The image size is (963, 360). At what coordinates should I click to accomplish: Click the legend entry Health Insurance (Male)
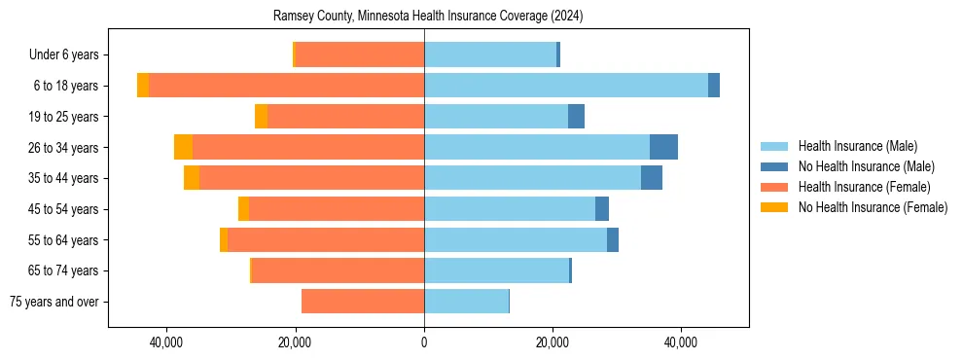point(857,146)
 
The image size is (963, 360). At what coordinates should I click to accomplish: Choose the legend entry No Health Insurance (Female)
point(873,207)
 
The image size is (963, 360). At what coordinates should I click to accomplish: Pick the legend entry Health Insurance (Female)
point(864,187)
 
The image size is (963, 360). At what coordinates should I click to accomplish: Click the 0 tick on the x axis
point(424,342)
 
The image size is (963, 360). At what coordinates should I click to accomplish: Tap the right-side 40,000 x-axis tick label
point(681,342)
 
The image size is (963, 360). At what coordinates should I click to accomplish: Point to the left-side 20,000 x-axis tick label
point(295,342)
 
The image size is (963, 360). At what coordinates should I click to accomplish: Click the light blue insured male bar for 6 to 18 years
point(566,86)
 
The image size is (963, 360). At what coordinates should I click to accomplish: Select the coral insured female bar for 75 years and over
point(363,302)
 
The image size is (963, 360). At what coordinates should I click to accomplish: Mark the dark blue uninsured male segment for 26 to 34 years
point(663,147)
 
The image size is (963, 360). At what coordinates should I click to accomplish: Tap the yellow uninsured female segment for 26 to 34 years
point(183,147)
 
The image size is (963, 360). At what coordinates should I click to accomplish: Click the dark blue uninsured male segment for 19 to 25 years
point(576,117)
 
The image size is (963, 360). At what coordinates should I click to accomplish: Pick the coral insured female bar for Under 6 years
point(359,54)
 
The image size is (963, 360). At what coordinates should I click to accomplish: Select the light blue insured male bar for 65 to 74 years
point(496,270)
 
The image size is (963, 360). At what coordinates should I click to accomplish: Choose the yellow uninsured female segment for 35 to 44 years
point(192,178)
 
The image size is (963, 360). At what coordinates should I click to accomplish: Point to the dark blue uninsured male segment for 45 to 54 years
point(602,209)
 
